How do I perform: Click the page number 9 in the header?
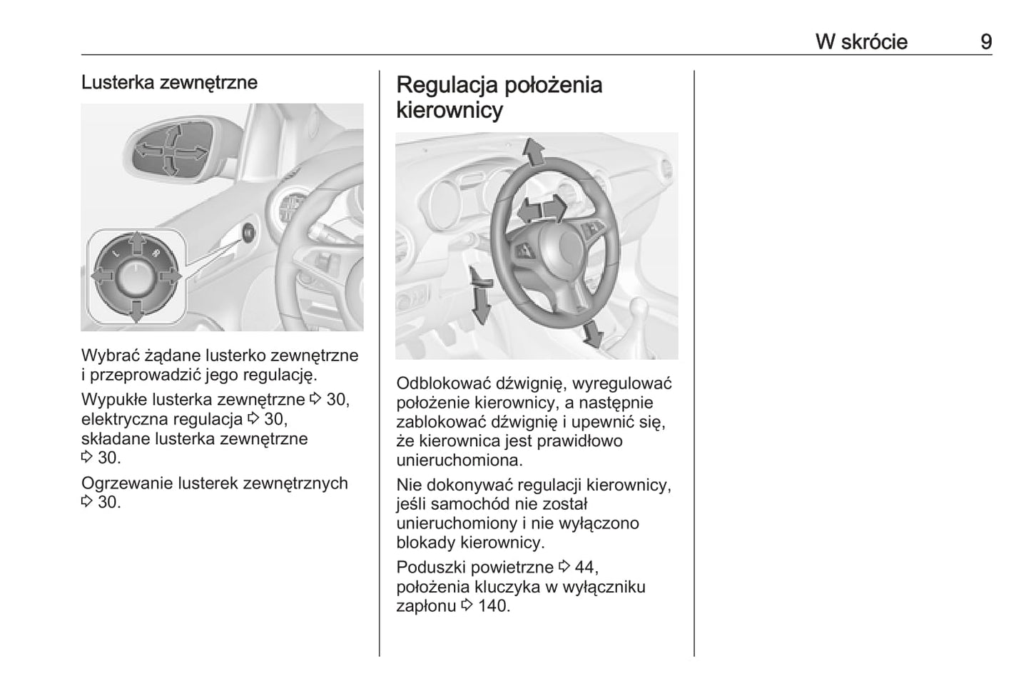click(x=985, y=41)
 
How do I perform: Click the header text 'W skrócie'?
click(x=861, y=41)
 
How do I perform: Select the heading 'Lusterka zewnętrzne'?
click(x=169, y=82)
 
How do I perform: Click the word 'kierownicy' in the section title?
click(x=450, y=110)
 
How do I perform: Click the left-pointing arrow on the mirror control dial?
click(x=102, y=277)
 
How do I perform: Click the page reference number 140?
click(x=493, y=606)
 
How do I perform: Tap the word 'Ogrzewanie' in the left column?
click(x=122, y=483)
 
